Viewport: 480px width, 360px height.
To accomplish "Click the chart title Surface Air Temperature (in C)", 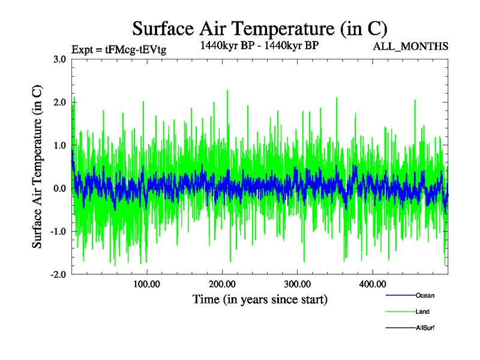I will point(260,28).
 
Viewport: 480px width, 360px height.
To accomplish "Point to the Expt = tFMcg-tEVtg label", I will point(119,49).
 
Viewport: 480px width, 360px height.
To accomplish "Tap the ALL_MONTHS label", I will point(410,46).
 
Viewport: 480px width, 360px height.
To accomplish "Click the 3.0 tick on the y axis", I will point(59,59).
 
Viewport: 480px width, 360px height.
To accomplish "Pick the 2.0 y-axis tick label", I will point(59,103).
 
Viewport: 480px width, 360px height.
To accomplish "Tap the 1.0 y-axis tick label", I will point(59,145).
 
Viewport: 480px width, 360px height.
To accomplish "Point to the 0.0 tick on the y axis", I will point(59,188).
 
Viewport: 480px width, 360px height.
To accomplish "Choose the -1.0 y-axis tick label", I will point(58,232).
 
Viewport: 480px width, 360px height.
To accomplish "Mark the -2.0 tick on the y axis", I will point(58,274).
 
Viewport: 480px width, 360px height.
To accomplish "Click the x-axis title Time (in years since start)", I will point(260,299).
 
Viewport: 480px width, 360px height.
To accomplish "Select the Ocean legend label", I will point(425,296).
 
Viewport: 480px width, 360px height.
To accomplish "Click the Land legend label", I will point(422,312).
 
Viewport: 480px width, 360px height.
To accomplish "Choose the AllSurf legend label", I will point(425,328).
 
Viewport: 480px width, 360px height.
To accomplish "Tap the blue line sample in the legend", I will point(400,296).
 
